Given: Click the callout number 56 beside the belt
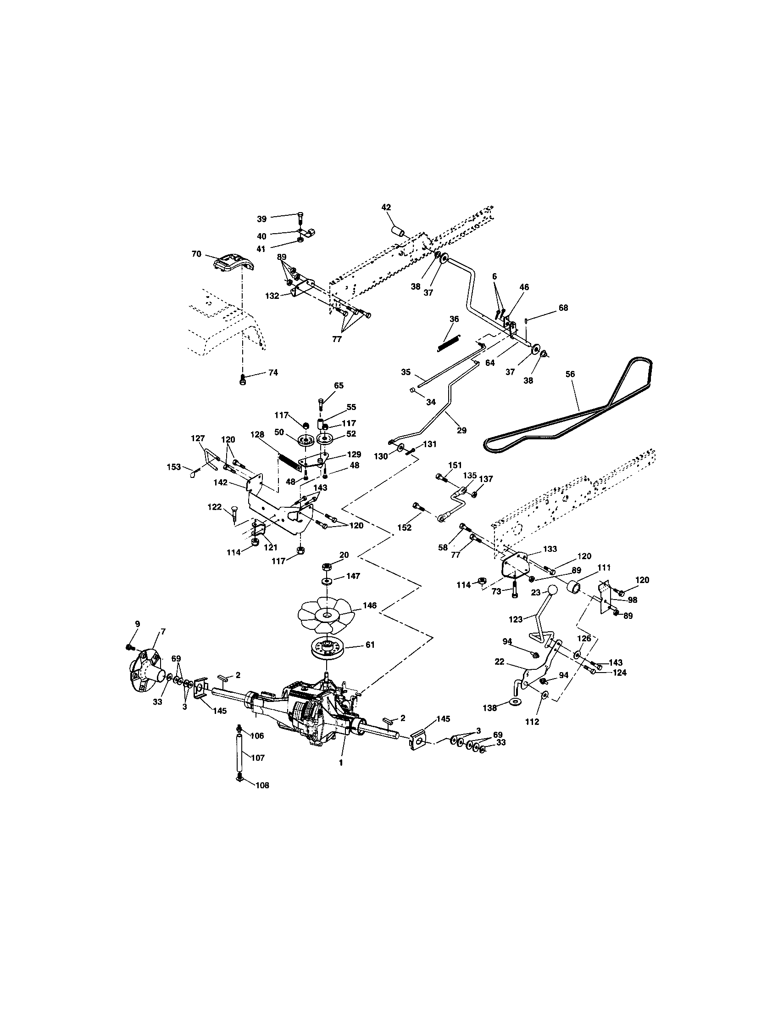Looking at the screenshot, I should point(570,374).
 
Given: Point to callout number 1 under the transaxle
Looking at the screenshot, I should point(341,763).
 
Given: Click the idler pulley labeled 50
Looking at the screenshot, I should point(305,440).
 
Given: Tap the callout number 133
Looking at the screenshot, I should point(550,549).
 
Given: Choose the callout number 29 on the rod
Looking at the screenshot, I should point(461,430).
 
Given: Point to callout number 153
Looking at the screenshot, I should point(174,467).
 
